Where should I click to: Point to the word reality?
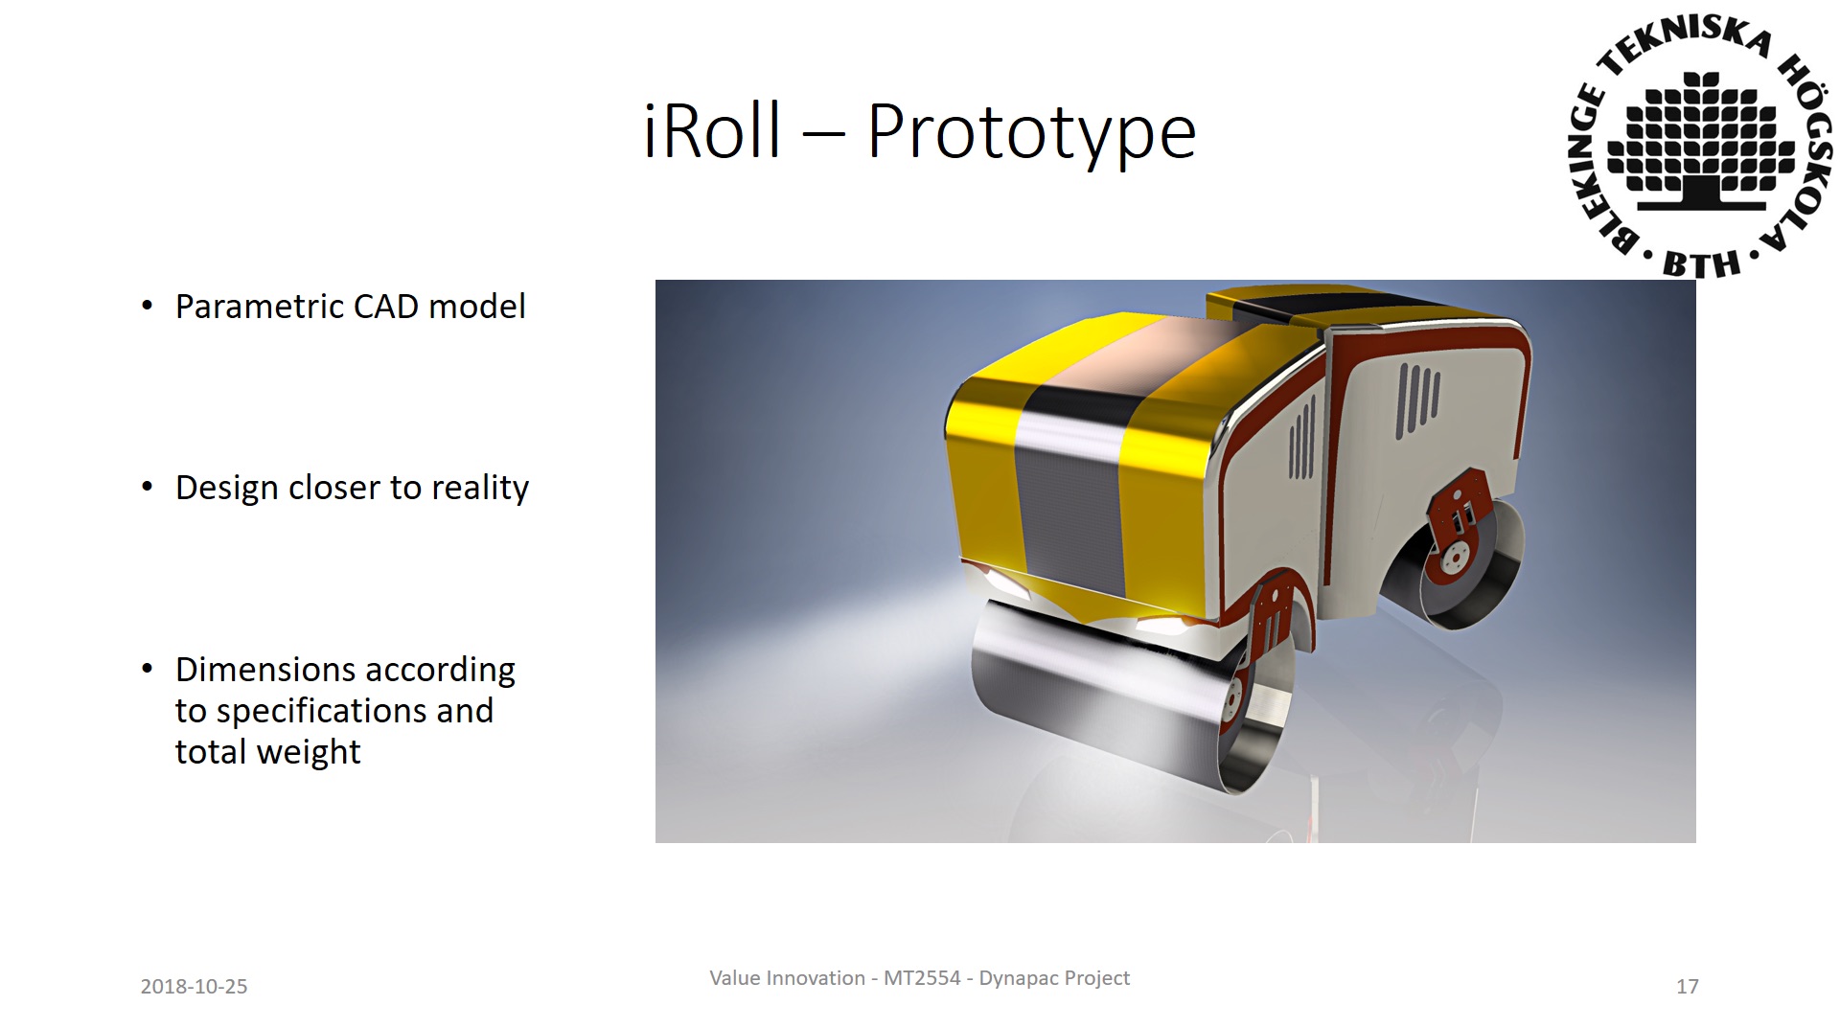[x=480, y=489]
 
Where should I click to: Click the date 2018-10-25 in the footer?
[x=194, y=987]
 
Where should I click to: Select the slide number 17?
[x=1688, y=987]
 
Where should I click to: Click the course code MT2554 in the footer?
[x=922, y=978]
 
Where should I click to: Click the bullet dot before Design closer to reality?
[x=147, y=488]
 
